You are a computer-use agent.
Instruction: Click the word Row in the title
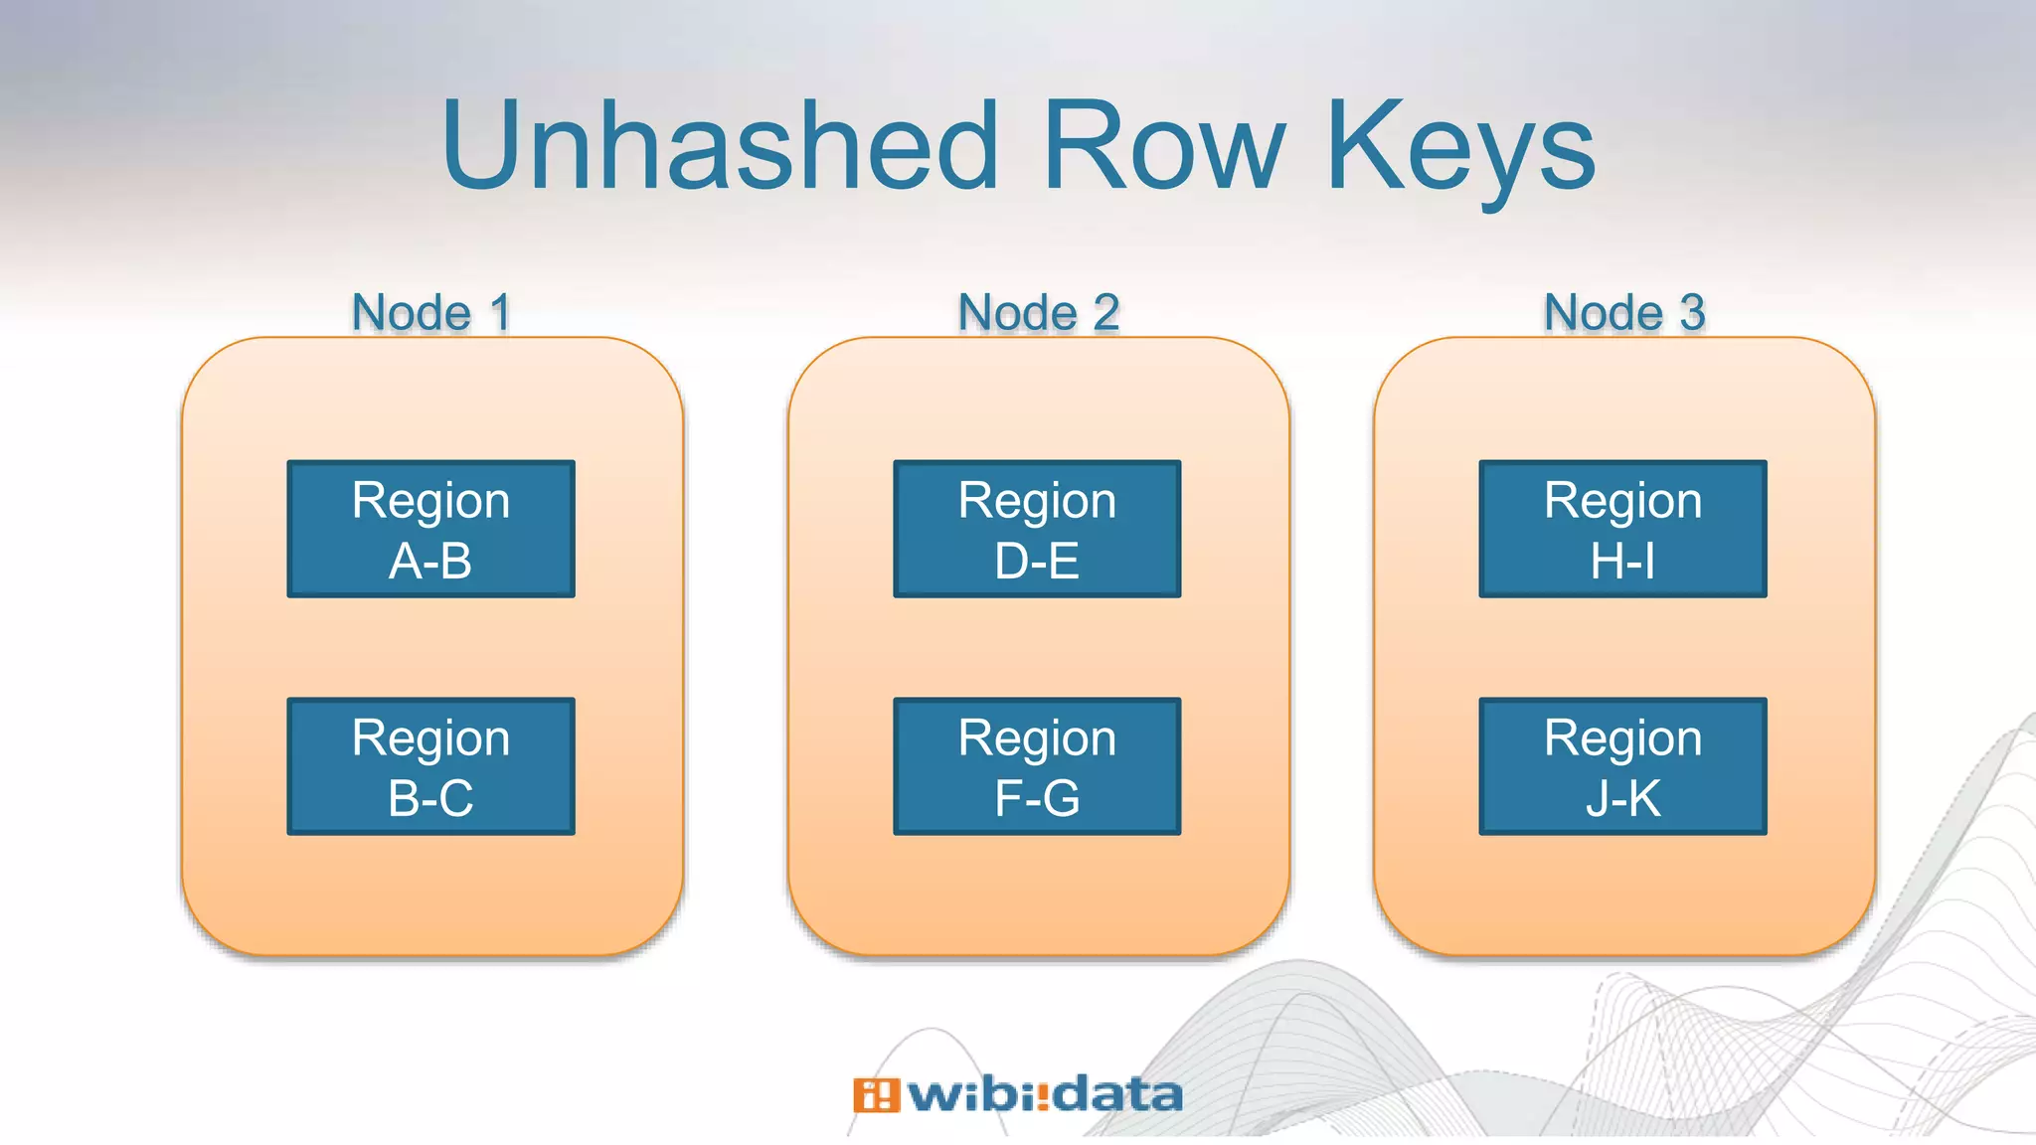click(1164, 147)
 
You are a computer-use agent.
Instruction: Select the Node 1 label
click(431, 313)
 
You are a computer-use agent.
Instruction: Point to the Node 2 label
click(1038, 313)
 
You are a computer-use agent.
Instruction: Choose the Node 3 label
click(1623, 313)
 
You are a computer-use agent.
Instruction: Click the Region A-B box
click(430, 529)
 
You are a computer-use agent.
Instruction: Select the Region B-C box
click(430, 766)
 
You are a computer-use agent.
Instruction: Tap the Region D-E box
click(1037, 529)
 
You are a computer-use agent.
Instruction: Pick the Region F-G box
click(1037, 766)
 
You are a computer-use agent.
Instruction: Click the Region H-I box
click(1622, 529)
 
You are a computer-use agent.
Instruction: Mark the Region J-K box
click(1622, 766)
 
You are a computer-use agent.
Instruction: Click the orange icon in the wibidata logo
click(876, 1095)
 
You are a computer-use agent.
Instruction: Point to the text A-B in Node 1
click(430, 562)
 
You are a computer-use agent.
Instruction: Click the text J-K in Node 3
click(1622, 799)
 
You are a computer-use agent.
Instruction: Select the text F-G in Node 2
click(1037, 799)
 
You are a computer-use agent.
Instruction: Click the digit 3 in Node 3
click(1692, 313)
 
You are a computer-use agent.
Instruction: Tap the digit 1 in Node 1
click(501, 313)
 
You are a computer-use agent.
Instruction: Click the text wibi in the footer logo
click(970, 1094)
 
